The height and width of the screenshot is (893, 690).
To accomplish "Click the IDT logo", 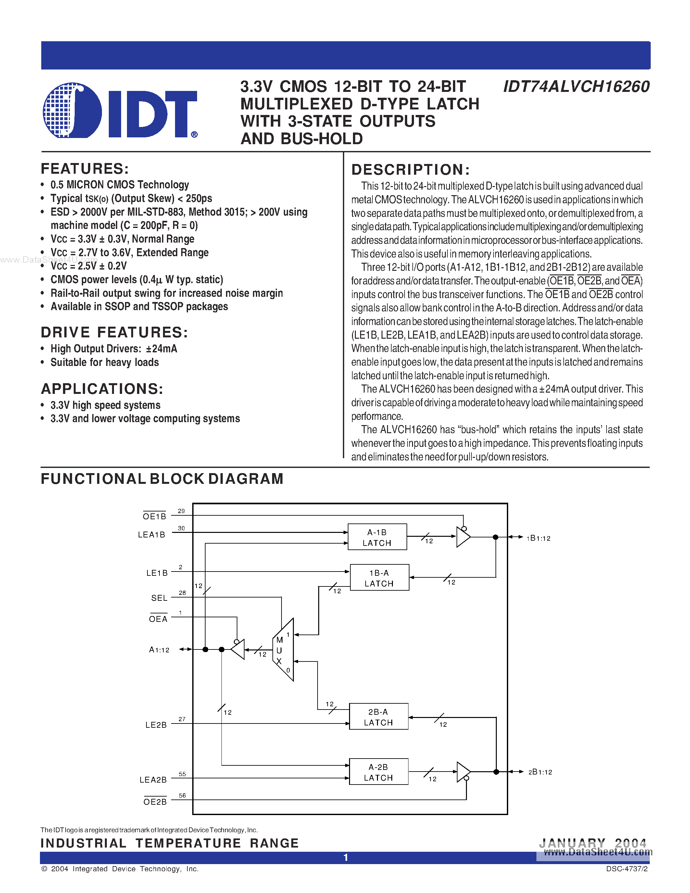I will [x=120, y=110].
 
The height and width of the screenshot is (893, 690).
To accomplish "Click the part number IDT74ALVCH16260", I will [x=576, y=87].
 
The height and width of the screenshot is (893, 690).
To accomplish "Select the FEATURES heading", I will [x=85, y=169].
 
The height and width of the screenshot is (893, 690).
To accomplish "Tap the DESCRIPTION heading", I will [x=410, y=170].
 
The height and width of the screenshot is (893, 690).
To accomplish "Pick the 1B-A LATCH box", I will [x=379, y=578].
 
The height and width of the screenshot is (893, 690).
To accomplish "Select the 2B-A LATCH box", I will [x=378, y=717].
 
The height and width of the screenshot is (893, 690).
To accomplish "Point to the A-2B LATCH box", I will [x=378, y=772].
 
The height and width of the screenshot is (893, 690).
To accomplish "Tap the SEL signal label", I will [x=159, y=598].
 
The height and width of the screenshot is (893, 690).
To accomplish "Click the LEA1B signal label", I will [x=151, y=535].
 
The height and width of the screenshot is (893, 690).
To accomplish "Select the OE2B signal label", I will [x=155, y=802].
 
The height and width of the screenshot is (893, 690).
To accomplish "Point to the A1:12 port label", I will [x=159, y=650].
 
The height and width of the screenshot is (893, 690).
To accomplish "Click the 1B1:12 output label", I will [x=538, y=538].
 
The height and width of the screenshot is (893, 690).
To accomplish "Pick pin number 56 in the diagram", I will [x=182, y=795].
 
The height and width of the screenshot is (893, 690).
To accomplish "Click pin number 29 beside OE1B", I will [x=181, y=511].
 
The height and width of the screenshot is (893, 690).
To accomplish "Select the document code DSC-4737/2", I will [x=627, y=869].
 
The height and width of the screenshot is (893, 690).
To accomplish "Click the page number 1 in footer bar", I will [x=345, y=857].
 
